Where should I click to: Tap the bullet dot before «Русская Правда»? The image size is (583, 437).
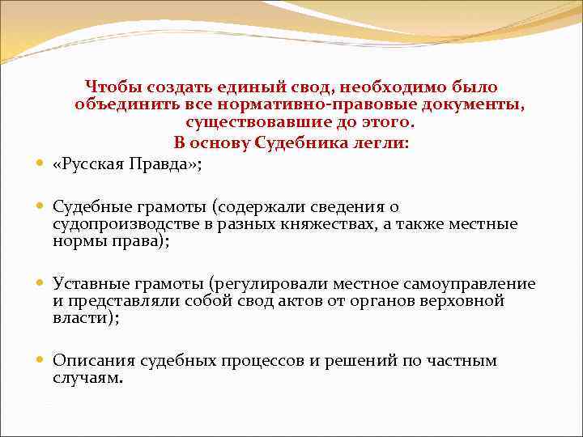[x=40, y=163]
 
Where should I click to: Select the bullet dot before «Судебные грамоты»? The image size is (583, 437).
[x=40, y=207]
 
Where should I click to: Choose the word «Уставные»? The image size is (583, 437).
[x=88, y=283]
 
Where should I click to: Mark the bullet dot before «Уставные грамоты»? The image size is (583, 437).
[x=40, y=283]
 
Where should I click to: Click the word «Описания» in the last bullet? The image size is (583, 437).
[x=91, y=361]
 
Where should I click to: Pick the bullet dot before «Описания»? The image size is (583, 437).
[x=40, y=361]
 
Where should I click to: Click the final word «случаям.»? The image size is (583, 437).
[x=88, y=378]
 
